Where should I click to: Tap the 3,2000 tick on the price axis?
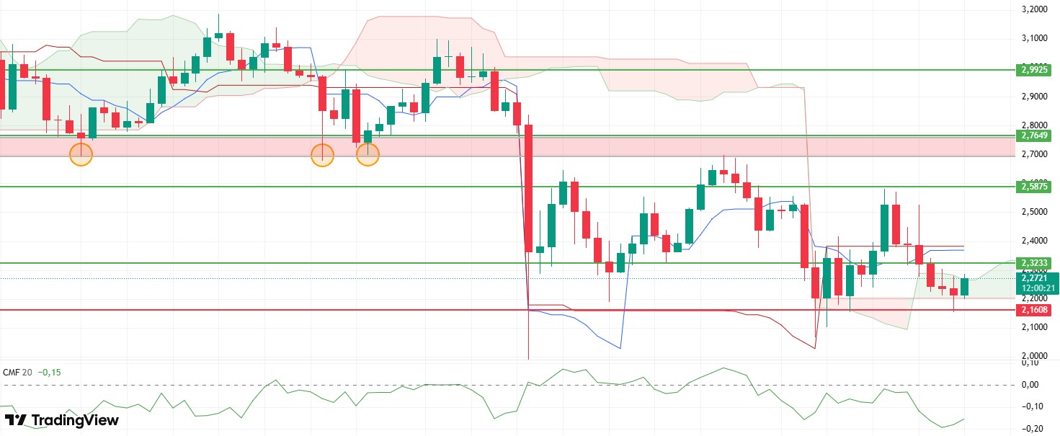coord(1035,10)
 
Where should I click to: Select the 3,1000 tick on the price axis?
coord(1035,38)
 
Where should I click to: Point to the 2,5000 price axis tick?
coord(1035,212)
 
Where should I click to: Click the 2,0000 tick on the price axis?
coord(1035,356)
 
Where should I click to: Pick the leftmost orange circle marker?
coord(81,154)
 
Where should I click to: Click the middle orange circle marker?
coord(322,155)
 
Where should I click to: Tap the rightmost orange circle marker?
coord(368,154)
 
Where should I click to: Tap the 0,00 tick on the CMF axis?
coord(1035,385)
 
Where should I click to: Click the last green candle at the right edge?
coord(965,286)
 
